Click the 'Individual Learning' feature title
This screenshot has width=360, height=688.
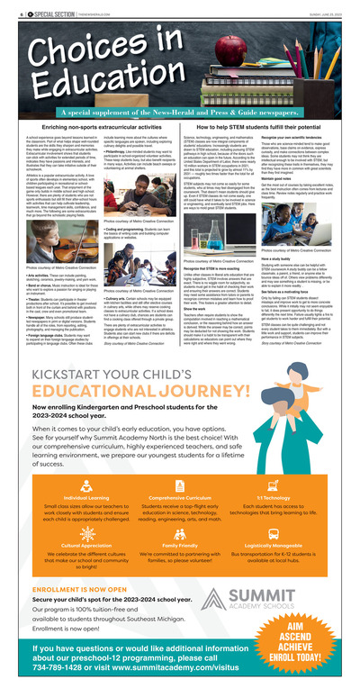(62, 498)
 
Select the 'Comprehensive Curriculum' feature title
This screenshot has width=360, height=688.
(179, 498)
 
